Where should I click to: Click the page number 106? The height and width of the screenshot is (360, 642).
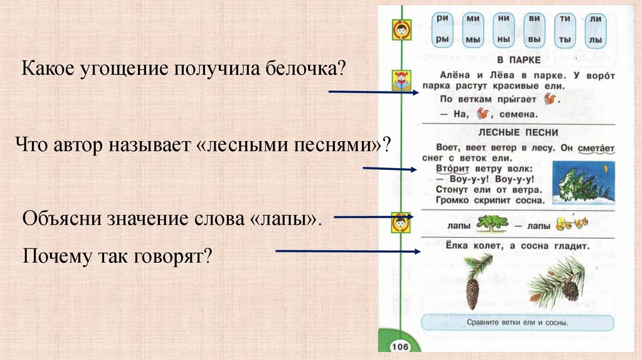[x=399, y=347]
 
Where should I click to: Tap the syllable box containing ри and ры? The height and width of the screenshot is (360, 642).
[x=443, y=29]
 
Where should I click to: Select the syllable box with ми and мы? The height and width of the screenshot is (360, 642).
[x=473, y=29]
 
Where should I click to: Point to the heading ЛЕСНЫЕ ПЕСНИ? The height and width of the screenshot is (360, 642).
[x=517, y=133]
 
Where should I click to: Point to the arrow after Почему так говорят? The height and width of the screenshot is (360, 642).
[x=347, y=251]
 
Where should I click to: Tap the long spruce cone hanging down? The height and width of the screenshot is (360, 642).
[x=473, y=292]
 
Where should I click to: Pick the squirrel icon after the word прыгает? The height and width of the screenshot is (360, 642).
[x=550, y=98]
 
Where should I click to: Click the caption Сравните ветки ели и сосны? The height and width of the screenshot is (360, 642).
[x=517, y=323]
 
